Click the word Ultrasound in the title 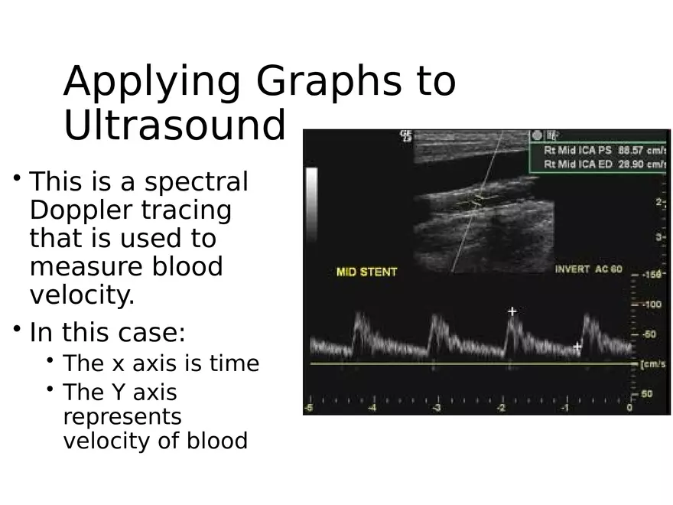point(174,125)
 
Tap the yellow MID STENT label point(366,272)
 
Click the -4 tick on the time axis point(372,408)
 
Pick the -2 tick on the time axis point(500,408)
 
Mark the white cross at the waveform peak point(512,311)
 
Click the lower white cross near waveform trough point(577,346)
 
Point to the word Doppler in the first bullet point(73,210)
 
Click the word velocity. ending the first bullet point(82,295)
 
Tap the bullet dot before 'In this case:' point(16,329)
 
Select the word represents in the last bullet point(122,417)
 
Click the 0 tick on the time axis point(629,408)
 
